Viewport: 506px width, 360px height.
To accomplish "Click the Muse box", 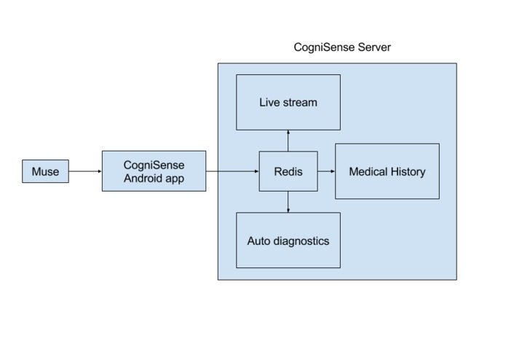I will point(45,172).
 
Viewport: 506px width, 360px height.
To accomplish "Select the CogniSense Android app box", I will point(154,171).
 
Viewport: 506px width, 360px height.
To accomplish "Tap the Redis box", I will point(288,171).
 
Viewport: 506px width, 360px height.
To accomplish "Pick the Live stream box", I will point(288,102).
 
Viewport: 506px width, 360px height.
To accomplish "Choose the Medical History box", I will point(387,171).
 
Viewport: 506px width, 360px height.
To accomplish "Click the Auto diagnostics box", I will point(288,240).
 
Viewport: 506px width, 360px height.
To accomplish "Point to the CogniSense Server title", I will point(342,47).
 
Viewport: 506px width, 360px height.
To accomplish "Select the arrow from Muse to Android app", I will point(85,172).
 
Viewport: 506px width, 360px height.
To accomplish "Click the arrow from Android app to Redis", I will point(232,172).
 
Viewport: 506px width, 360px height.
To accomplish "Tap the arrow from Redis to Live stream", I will point(288,141).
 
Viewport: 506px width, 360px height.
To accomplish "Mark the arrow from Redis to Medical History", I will point(326,172).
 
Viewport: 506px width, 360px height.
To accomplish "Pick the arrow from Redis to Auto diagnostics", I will point(288,202).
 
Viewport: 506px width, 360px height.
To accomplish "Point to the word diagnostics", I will point(300,240).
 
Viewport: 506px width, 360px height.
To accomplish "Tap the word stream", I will point(300,102).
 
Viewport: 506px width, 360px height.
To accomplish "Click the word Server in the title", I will point(374,47).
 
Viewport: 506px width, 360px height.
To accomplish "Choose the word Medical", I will point(368,172).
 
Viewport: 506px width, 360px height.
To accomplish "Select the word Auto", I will point(258,240).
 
